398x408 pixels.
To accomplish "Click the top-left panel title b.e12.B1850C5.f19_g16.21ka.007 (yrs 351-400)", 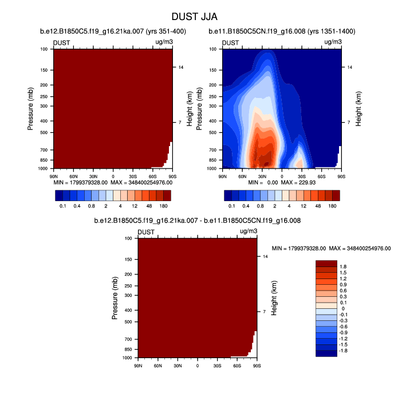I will point(113,31).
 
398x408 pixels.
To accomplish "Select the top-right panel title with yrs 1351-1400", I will point(282,31).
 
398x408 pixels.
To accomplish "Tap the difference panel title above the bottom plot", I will point(198,221).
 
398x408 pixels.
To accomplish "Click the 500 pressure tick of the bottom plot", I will point(128,322).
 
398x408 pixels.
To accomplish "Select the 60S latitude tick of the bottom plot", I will point(237,364).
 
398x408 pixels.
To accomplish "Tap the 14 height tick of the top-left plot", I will point(181,68).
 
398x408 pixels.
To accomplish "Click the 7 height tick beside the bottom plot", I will point(265,312).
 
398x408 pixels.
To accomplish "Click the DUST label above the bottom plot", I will point(146,232).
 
